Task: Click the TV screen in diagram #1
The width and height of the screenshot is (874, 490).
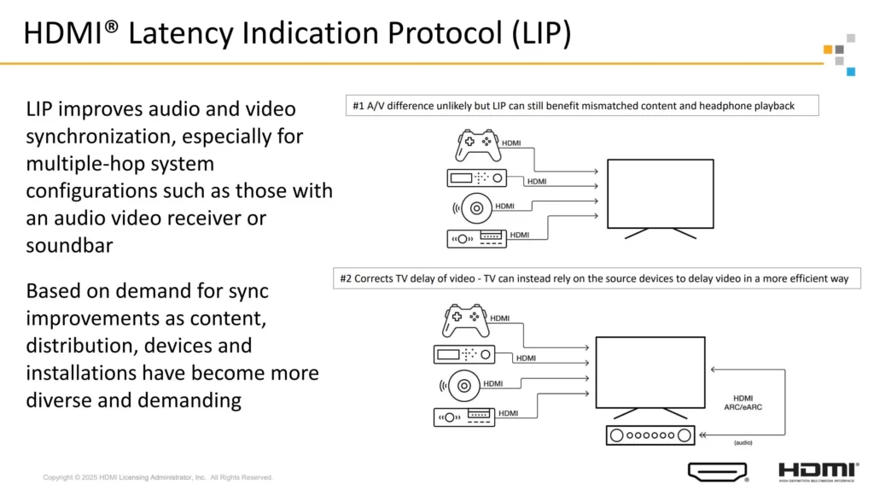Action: point(660,193)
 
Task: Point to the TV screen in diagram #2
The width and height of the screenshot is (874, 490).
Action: point(650,370)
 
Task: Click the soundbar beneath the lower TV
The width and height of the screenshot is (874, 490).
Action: point(650,435)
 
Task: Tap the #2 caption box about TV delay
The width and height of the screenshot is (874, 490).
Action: point(597,278)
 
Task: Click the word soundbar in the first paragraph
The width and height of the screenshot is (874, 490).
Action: point(62,244)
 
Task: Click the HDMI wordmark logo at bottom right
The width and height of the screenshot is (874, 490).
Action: point(818,470)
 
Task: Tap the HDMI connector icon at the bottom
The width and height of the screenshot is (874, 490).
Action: point(717,471)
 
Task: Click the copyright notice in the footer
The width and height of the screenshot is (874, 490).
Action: point(158,477)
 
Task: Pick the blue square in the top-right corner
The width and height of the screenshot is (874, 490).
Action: point(850,72)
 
